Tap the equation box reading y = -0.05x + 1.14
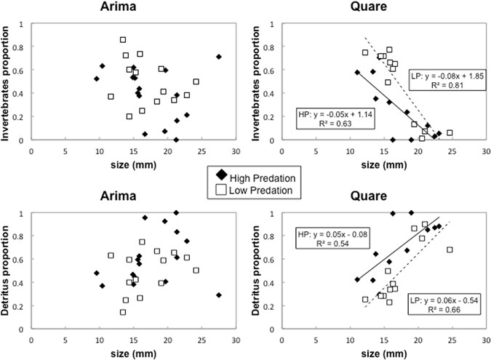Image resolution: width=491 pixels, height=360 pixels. [x=331, y=119]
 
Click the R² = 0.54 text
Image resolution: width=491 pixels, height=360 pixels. [x=331, y=244]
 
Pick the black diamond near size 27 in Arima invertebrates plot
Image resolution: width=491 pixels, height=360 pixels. [x=218, y=57]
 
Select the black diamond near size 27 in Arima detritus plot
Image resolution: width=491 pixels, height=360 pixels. [x=218, y=295]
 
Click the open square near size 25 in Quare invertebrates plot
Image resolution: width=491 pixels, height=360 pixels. [x=450, y=133]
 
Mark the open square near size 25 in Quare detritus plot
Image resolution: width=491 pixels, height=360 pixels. [x=450, y=249]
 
